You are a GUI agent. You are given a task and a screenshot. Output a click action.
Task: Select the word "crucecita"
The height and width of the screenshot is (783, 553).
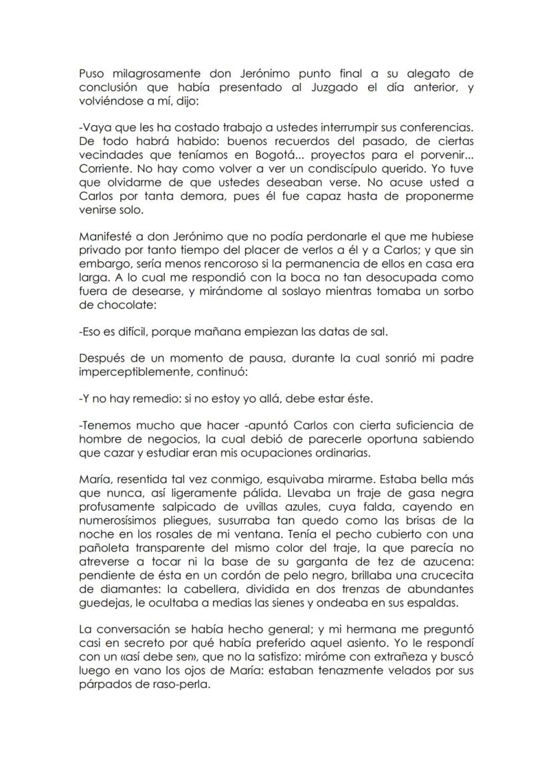click(x=445, y=577)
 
